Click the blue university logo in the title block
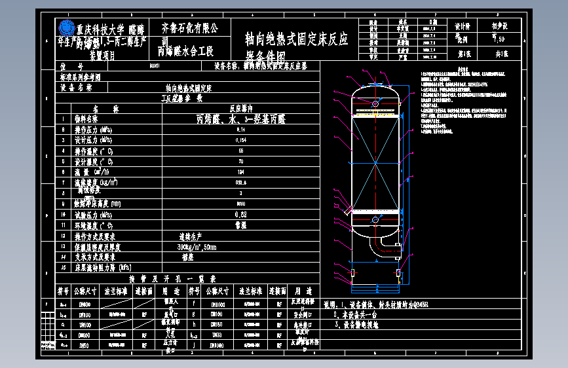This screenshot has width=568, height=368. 67,28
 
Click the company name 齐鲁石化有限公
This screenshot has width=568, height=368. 189,28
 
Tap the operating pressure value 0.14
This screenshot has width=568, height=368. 240,129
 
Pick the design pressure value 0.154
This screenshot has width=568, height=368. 240,140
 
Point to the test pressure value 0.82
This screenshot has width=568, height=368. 240,214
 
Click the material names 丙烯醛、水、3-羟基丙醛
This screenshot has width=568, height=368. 241,119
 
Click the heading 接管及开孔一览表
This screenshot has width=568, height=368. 181,278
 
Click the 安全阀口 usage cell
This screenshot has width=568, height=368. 303,314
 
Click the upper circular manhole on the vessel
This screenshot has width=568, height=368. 375,103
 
